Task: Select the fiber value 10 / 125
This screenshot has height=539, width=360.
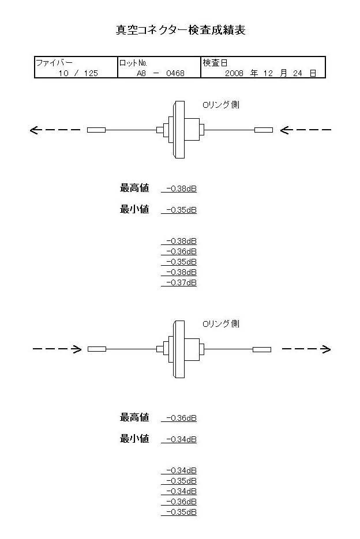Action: click(x=78, y=73)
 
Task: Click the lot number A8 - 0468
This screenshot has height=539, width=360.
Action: click(x=160, y=73)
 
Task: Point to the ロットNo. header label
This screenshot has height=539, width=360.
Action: click(x=134, y=62)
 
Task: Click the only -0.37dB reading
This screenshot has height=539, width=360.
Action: click(x=181, y=282)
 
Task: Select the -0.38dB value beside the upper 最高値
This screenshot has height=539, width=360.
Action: click(x=181, y=189)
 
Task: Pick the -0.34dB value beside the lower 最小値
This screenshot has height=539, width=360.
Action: click(x=181, y=440)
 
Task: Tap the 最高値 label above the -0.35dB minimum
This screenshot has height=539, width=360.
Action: click(x=134, y=188)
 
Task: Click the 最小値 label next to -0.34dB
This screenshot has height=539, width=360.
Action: click(x=134, y=439)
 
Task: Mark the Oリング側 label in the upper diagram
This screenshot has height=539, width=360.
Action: click(x=221, y=105)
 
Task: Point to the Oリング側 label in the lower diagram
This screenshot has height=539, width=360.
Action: click(x=221, y=324)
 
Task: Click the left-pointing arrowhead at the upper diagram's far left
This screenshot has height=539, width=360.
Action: click(x=35, y=130)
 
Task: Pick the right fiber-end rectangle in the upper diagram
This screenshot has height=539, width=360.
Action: click(x=263, y=130)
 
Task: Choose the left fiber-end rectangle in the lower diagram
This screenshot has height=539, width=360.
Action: click(x=97, y=349)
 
